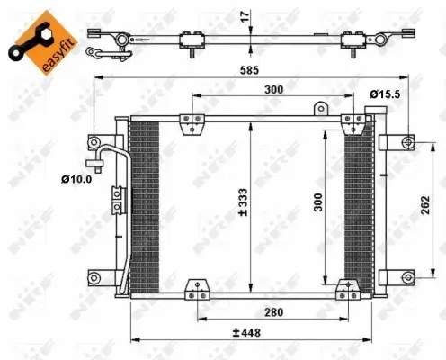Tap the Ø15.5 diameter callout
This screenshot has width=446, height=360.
tap(385, 92)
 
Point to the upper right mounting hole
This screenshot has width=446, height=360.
tap(408, 142)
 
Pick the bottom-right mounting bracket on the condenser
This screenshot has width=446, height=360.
tap(346, 290)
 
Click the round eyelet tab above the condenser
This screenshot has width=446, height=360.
tap(318, 109)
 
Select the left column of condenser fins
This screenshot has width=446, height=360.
tap(143, 207)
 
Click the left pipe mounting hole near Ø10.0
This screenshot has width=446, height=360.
tap(94, 143)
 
